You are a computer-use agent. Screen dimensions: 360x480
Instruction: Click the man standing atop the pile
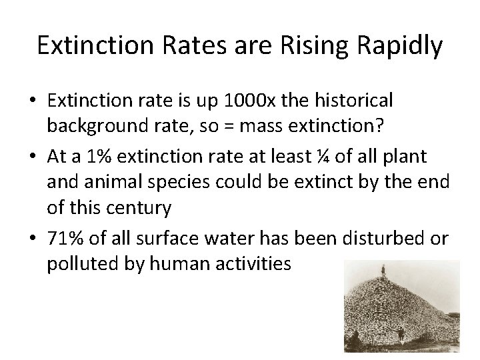tap(383, 269)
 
